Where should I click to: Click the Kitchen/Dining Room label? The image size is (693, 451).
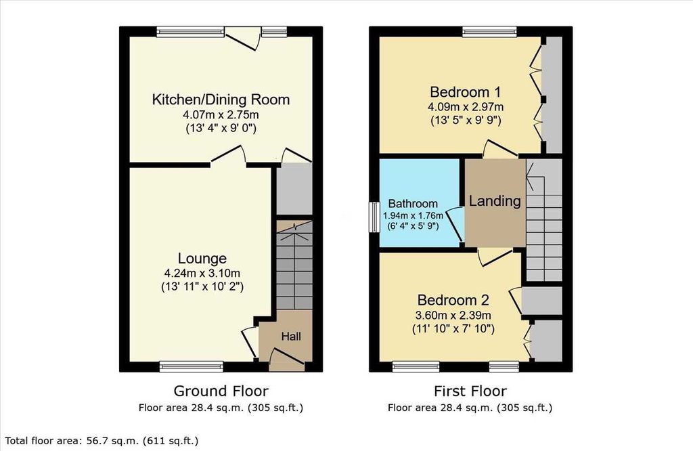[x=221, y=100]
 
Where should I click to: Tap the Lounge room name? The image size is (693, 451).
[x=202, y=259]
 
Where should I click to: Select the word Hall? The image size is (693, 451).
[x=291, y=337]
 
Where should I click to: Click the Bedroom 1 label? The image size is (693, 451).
[x=466, y=92]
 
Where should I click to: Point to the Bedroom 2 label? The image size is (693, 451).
[x=453, y=300]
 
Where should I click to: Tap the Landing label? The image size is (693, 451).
[x=495, y=202]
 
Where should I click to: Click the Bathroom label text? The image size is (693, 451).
[x=413, y=204]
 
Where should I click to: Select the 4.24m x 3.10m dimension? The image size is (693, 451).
[x=202, y=274]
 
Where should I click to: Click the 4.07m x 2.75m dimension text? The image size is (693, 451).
[x=221, y=115]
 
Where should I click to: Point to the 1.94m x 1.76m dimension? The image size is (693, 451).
[x=413, y=216]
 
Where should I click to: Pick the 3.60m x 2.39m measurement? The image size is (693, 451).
[x=453, y=316]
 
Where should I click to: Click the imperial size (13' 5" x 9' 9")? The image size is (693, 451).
[x=466, y=121]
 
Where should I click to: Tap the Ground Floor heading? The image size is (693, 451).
[x=221, y=391]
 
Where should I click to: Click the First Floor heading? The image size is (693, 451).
[x=470, y=391]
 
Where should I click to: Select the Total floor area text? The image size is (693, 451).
[x=102, y=441]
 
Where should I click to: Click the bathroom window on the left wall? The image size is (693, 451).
[x=374, y=217]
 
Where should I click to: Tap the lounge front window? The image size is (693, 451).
[x=192, y=366]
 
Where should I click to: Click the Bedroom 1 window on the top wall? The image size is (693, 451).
[x=489, y=31]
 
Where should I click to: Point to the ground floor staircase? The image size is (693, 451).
[x=294, y=265]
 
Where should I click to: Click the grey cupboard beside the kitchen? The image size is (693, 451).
[x=294, y=189]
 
